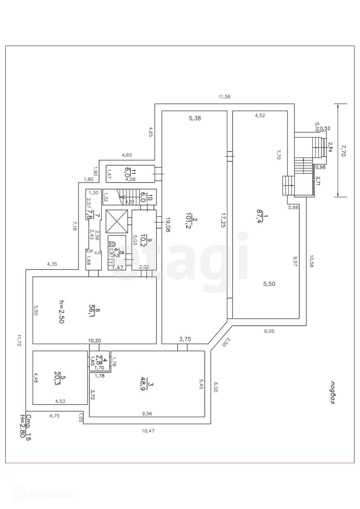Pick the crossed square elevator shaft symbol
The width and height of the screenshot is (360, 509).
pyautogui.click(x=117, y=221)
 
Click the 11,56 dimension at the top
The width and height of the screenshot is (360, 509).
pyautogui.click(x=224, y=96)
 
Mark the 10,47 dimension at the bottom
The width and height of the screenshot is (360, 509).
pyautogui.click(x=148, y=431)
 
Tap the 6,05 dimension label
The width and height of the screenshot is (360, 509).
pyautogui.click(x=269, y=331)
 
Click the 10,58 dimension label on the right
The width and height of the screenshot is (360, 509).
pyautogui.click(x=311, y=261)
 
